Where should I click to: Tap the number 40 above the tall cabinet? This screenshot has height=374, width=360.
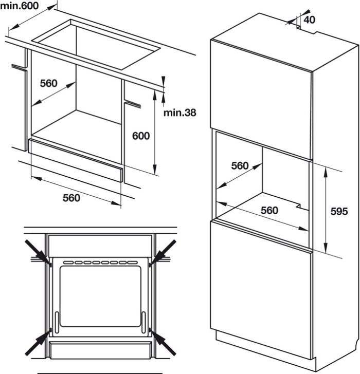pyautogui.click(x=309, y=20)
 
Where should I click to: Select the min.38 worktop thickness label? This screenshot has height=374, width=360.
pyautogui.click(x=179, y=112)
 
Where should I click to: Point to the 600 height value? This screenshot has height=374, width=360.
pyautogui.click(x=140, y=136)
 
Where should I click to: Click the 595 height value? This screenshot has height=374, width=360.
pyautogui.click(x=339, y=211)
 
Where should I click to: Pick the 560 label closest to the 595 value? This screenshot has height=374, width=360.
pyautogui.click(x=269, y=210)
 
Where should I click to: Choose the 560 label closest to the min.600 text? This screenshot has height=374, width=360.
pyautogui.click(x=48, y=83)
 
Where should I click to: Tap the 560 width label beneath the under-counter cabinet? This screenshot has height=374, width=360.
pyautogui.click(x=71, y=198)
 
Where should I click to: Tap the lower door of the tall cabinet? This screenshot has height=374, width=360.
pyautogui.click(x=261, y=288)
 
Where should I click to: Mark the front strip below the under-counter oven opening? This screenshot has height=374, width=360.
pyautogui.click(x=76, y=160)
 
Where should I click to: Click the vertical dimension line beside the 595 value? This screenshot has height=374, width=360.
pyautogui.click(x=326, y=211)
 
